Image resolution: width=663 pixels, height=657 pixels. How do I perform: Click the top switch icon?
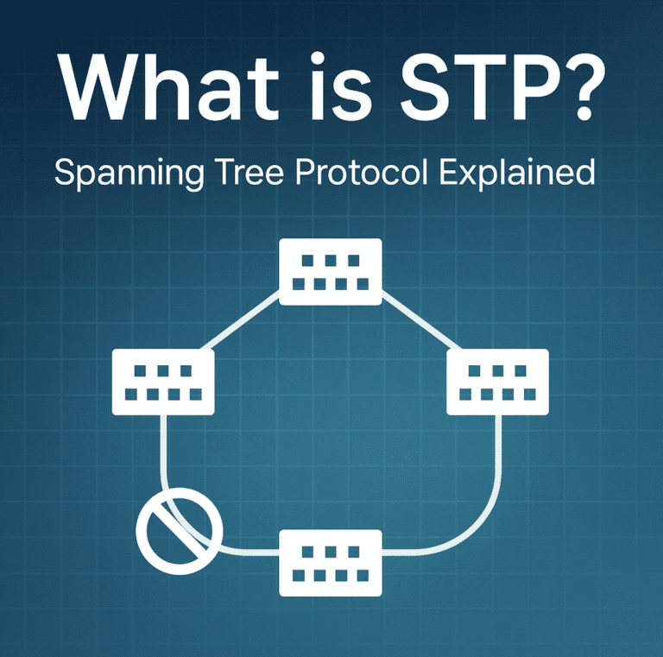coord(331,271)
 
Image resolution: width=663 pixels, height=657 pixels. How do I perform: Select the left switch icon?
coord(163,382)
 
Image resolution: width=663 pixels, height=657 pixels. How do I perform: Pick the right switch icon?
coord(497,382)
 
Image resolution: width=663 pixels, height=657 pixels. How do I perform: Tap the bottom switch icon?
coord(331,562)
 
